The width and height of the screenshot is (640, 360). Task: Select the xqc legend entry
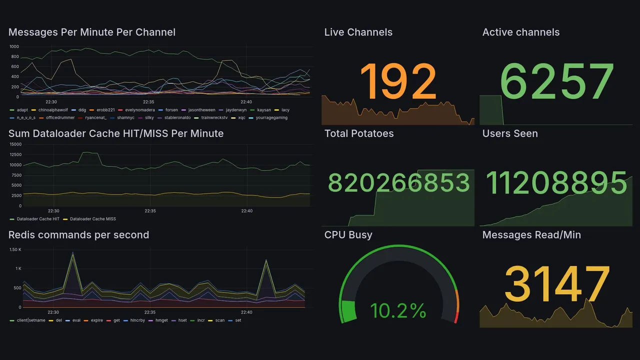pyautogui.click(x=241, y=118)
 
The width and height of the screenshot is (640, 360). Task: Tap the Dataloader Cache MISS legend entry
pyautogui.click(x=92, y=219)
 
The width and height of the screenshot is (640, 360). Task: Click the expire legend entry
pyautogui.click(x=96, y=320)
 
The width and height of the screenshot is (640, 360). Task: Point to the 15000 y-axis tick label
pyautogui.click(x=15, y=144)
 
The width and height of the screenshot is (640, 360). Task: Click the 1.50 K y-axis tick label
pyautogui.click(x=15, y=249)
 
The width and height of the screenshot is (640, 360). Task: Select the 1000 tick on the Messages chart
pyautogui.click(x=14, y=46)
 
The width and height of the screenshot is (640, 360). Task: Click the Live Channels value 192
pyautogui.click(x=398, y=81)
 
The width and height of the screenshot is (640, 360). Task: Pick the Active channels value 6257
pyautogui.click(x=557, y=81)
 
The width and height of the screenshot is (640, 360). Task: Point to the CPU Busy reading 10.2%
pyautogui.click(x=398, y=311)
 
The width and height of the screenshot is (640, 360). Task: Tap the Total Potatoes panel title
pyautogui.click(x=359, y=133)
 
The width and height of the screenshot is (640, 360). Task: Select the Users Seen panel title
pyautogui.click(x=510, y=133)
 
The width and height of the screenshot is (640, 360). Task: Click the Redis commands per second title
pyautogui.click(x=78, y=235)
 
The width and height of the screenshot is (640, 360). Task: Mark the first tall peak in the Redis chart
pyautogui.click(x=73, y=253)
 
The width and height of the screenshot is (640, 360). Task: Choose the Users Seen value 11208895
pyautogui.click(x=556, y=182)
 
